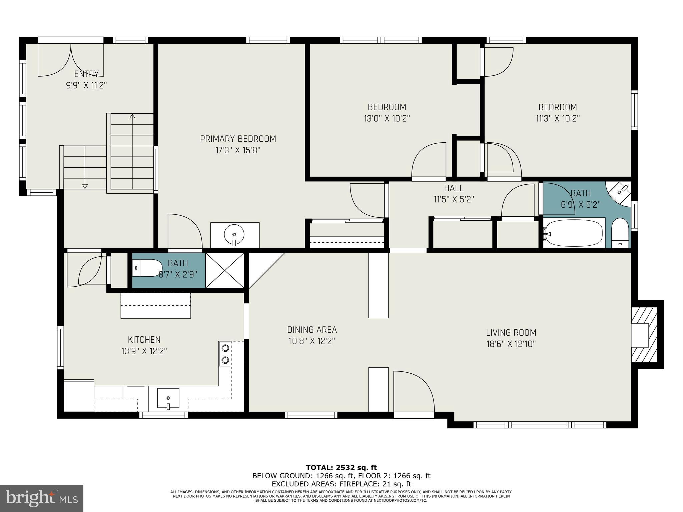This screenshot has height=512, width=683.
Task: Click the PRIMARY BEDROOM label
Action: click(238, 139)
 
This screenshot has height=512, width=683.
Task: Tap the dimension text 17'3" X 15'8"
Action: click(238, 150)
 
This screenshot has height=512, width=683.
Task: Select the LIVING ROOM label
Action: click(511, 332)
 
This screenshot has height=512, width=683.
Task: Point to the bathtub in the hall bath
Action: click(574, 233)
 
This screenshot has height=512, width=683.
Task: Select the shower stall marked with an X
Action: click(225, 270)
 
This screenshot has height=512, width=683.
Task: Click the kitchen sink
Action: click(168, 398)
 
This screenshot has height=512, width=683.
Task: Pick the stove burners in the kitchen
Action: click(225, 354)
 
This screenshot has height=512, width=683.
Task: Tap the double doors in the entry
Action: click(71, 60)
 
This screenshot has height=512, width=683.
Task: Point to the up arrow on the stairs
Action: click(132, 116)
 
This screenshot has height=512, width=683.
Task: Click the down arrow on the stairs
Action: click(85, 186)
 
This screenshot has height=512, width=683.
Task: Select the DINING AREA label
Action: click(312, 330)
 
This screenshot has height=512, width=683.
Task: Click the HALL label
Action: click(454, 188)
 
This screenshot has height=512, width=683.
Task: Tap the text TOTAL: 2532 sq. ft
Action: click(341, 467)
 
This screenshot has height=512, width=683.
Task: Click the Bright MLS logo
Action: click(42, 498)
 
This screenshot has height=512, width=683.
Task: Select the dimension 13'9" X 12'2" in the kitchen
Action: click(144, 351)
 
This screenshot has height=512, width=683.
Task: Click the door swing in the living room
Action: click(414, 392)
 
